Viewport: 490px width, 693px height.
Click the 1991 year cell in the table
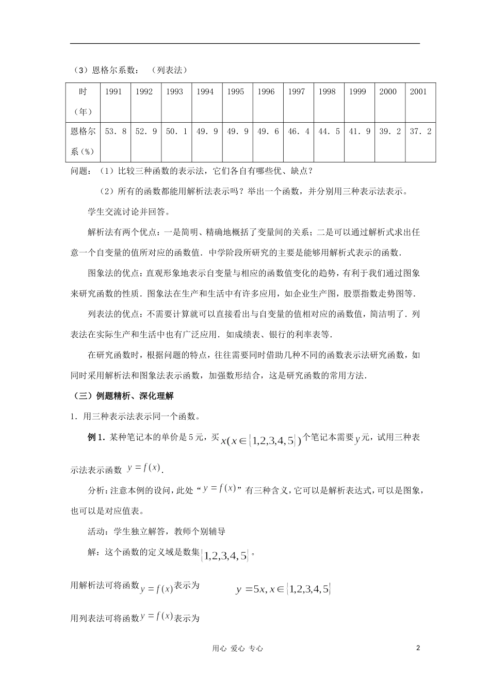[113, 92]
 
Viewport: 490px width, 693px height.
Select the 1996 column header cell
[266, 92]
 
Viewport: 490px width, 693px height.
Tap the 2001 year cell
[418, 92]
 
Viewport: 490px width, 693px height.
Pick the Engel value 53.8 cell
[116, 131]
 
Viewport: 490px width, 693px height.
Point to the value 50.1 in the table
[176, 131]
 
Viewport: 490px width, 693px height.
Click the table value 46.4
[299, 131]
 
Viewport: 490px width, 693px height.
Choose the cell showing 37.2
[420, 131]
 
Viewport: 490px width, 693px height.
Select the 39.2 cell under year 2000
[390, 131]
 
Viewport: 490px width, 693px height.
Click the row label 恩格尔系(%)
[83, 141]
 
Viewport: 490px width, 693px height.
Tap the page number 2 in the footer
[418, 648]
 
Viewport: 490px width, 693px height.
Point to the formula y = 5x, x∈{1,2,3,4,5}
[283, 589]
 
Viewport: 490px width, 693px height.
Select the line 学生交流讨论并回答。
[129, 211]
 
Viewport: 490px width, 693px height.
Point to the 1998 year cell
[327, 92]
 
